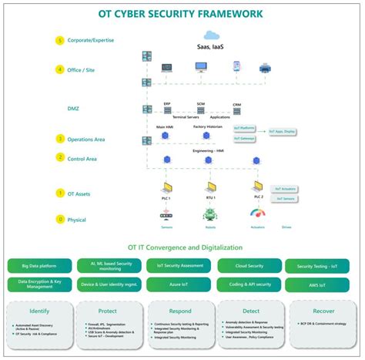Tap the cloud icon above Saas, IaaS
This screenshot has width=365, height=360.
click(210, 35)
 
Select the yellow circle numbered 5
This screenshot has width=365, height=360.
click(61, 40)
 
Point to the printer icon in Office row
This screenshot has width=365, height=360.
click(265, 68)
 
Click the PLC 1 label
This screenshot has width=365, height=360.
click(166, 198)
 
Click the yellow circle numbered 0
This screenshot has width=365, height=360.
click(61, 219)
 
